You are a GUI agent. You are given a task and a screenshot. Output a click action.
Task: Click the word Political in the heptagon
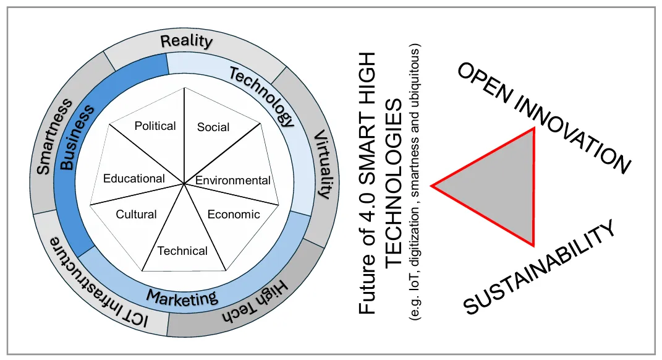point(155,126)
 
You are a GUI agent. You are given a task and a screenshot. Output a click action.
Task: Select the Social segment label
point(213,127)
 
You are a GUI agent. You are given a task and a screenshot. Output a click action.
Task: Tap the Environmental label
point(233,181)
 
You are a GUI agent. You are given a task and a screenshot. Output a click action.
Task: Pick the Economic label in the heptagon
point(234,215)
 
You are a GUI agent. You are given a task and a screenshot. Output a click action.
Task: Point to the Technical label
point(182,251)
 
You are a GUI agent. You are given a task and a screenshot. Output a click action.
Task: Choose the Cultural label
point(137,215)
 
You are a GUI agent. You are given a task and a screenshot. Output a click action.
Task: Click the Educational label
point(134,179)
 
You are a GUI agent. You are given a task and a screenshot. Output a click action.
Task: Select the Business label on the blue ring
point(77,137)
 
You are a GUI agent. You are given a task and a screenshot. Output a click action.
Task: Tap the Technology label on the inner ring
point(261,96)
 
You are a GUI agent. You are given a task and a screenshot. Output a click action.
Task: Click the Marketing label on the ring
point(182,298)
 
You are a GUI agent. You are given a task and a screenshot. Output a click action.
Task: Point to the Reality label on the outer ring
point(186,42)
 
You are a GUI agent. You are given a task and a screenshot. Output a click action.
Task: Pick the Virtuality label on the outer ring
point(322,163)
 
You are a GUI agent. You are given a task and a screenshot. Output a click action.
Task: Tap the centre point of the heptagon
point(184,183)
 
